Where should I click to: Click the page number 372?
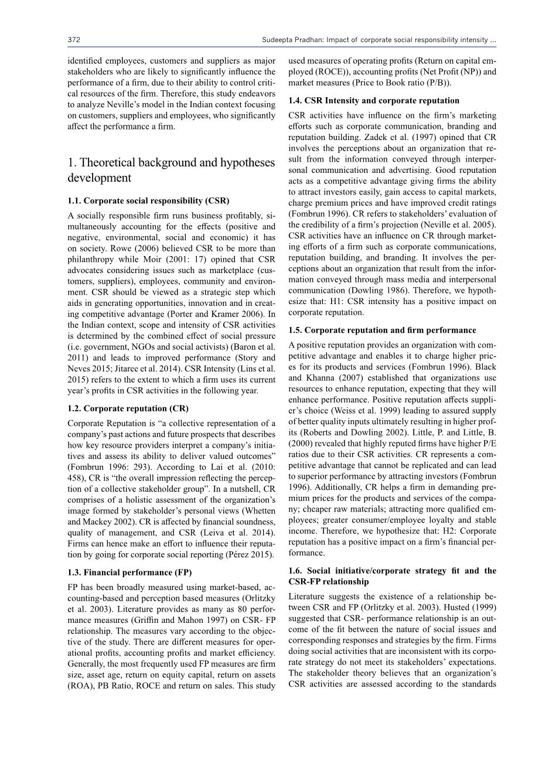click(74, 40)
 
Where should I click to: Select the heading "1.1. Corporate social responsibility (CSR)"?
click(148, 201)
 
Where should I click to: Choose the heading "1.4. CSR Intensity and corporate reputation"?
click(374, 101)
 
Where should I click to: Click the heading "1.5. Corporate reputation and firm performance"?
click(382, 330)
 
